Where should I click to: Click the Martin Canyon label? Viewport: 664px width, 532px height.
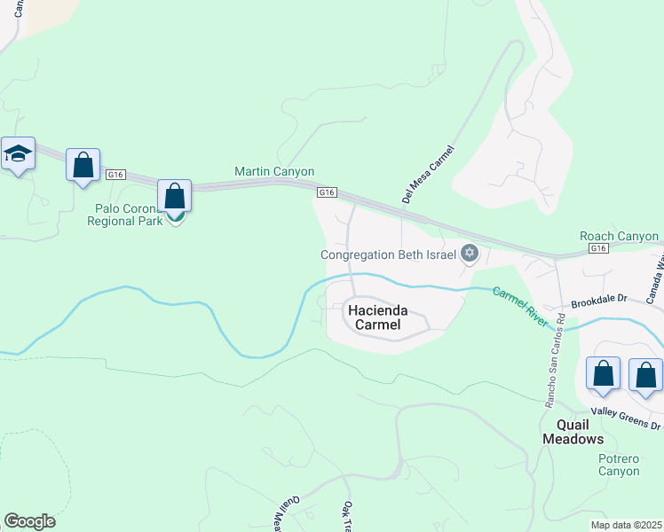(274, 171)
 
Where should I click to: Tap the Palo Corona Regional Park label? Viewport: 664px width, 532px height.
(130, 215)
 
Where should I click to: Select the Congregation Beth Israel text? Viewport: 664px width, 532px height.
(388, 254)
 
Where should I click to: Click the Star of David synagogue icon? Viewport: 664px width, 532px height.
(470, 254)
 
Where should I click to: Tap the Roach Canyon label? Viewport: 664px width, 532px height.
(619, 237)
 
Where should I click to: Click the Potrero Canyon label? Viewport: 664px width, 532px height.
(619, 465)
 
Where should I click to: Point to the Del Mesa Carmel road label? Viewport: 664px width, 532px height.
(428, 175)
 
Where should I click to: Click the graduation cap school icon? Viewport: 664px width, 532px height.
(18, 154)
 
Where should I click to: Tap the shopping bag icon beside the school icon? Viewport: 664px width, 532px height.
(83, 165)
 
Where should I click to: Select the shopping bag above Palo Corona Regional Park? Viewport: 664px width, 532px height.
(175, 196)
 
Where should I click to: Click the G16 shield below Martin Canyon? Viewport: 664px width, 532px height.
(328, 192)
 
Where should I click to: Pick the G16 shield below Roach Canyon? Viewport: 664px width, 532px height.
(599, 248)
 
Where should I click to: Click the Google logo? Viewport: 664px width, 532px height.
(30, 521)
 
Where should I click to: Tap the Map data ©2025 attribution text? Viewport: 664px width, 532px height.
(626, 525)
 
